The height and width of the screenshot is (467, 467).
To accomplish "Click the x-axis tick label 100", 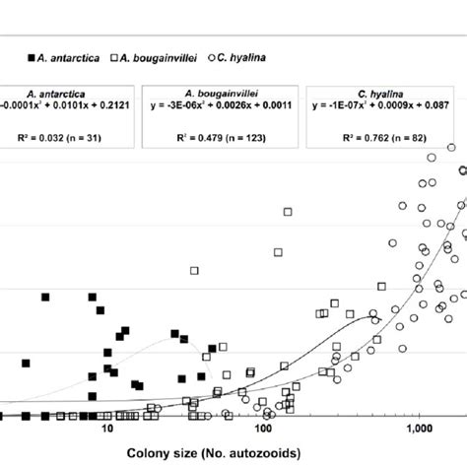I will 263,431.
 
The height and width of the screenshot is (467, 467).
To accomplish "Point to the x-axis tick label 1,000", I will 419,431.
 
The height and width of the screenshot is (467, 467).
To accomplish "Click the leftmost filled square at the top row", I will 45,297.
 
